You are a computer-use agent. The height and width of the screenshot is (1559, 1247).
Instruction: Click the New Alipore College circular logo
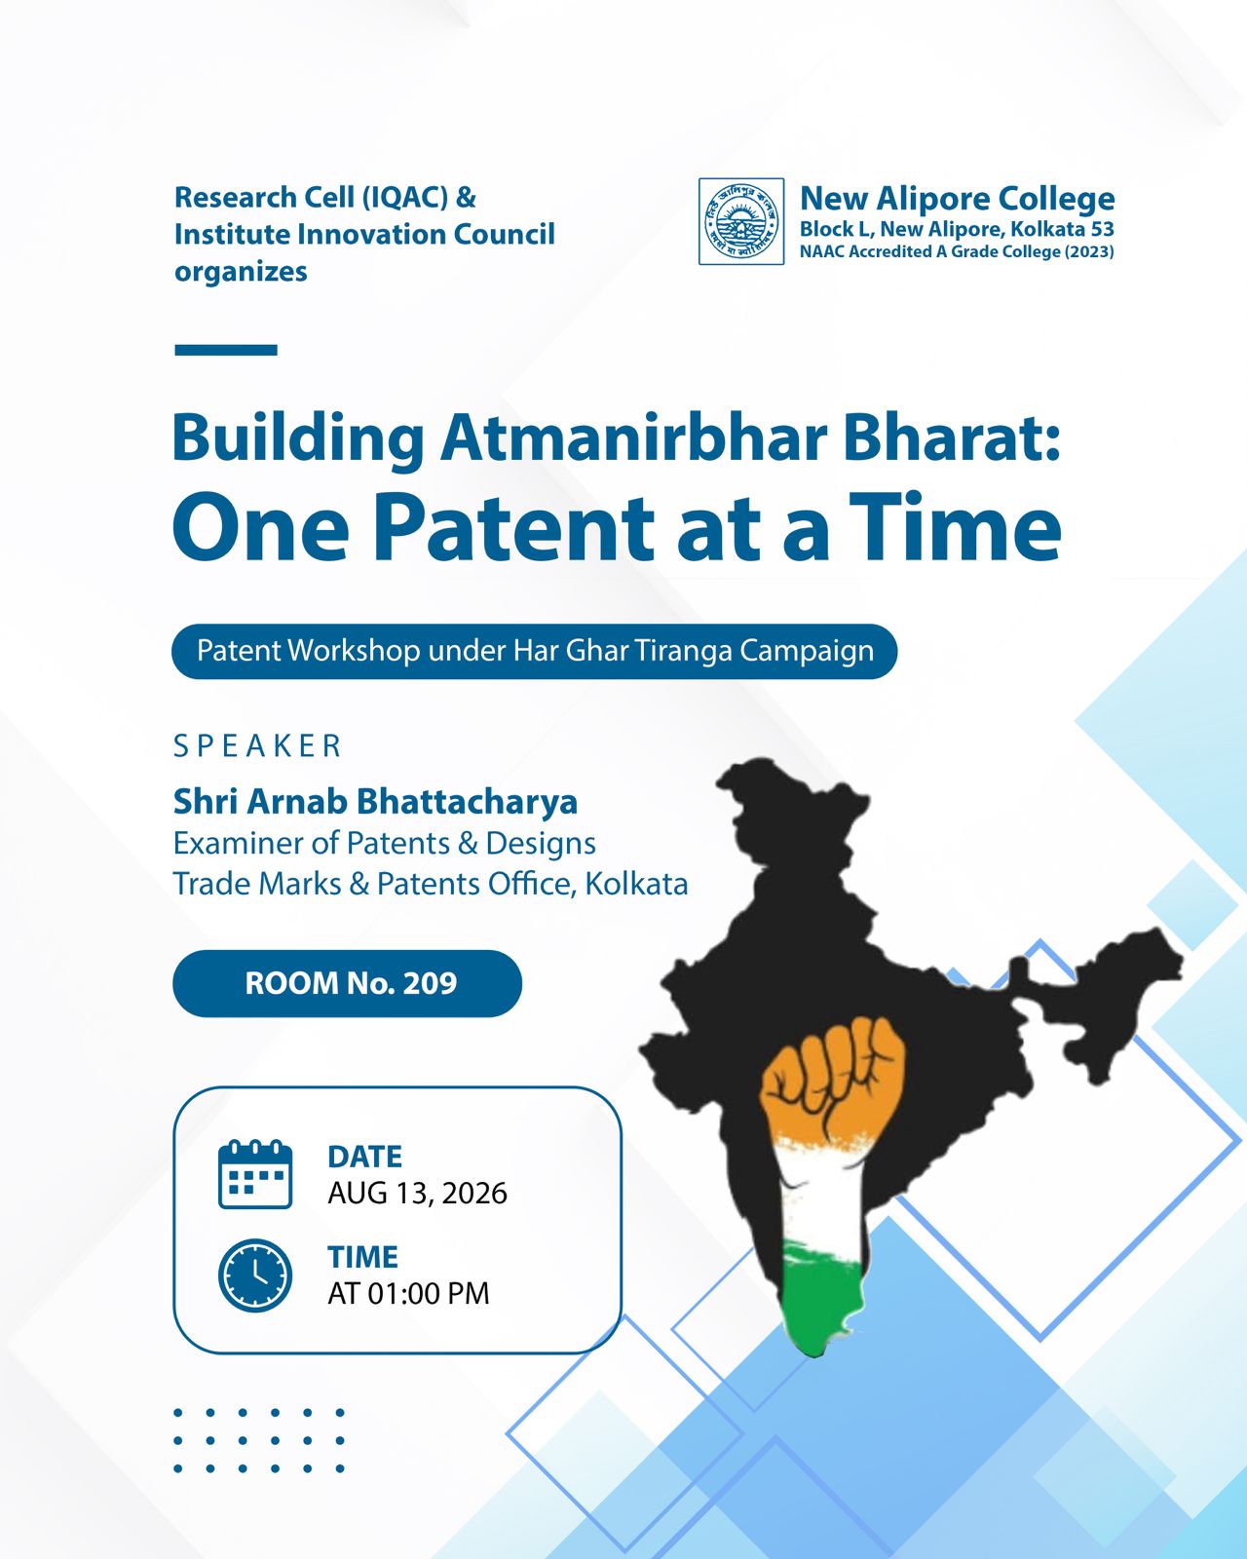click(x=741, y=222)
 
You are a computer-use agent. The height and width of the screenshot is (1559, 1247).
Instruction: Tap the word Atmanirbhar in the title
click(x=633, y=438)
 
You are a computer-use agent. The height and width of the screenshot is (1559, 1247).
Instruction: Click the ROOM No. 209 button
click(x=347, y=983)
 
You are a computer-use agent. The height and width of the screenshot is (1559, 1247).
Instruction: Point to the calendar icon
click(x=255, y=1173)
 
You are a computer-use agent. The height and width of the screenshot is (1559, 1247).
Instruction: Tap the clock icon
click(x=255, y=1275)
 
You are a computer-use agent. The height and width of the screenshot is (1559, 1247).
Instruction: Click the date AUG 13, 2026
click(x=417, y=1194)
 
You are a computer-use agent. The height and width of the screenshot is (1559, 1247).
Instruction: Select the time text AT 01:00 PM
click(x=408, y=1293)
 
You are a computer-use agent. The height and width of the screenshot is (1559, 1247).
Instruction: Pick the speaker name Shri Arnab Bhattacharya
click(x=375, y=801)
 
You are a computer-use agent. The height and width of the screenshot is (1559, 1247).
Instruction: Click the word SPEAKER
click(x=257, y=746)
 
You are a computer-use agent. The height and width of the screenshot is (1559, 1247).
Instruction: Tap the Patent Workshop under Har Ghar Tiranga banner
click(x=535, y=651)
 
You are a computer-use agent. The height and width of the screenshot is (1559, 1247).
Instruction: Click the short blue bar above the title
click(x=226, y=350)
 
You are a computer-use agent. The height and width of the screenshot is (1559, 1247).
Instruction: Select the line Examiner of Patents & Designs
click(x=384, y=843)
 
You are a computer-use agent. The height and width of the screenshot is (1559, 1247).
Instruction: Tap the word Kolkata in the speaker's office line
click(x=636, y=884)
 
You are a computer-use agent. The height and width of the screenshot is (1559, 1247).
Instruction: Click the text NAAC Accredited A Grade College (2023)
click(x=957, y=251)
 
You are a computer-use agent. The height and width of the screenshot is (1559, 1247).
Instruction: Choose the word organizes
click(x=241, y=273)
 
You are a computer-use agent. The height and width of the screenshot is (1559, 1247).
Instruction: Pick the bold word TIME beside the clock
click(x=363, y=1257)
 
